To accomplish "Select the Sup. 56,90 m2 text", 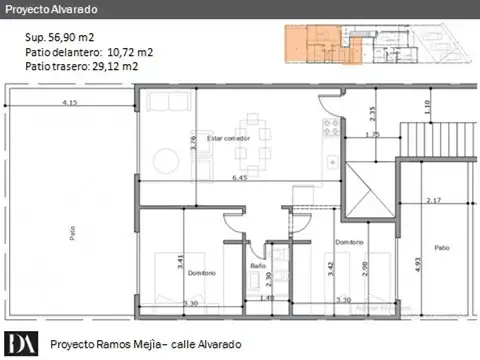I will (61, 37).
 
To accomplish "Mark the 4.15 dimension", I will (69, 103).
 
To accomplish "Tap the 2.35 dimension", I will (372, 113).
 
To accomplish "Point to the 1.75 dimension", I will (372, 134).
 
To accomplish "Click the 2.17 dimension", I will (432, 201).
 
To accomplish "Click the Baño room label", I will (258, 266).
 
